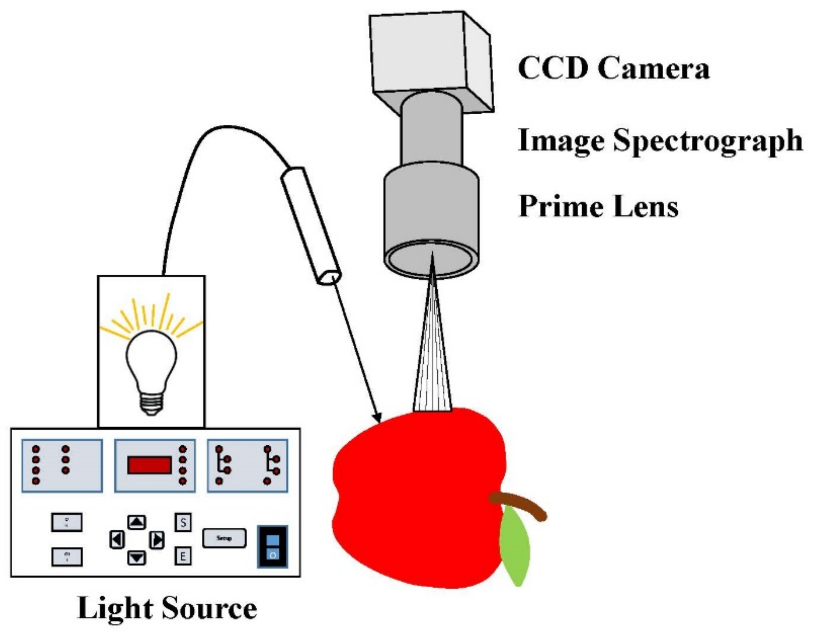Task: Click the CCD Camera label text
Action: coord(613,68)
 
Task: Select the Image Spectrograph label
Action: coord(659,140)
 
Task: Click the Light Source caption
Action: coord(167,608)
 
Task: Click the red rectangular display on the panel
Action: coord(150,465)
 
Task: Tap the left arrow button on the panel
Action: coord(117,540)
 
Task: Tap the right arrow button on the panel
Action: coord(157,540)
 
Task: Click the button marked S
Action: coord(183,522)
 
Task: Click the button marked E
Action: coord(183,557)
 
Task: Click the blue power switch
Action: coord(273,546)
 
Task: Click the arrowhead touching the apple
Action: coord(377,417)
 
